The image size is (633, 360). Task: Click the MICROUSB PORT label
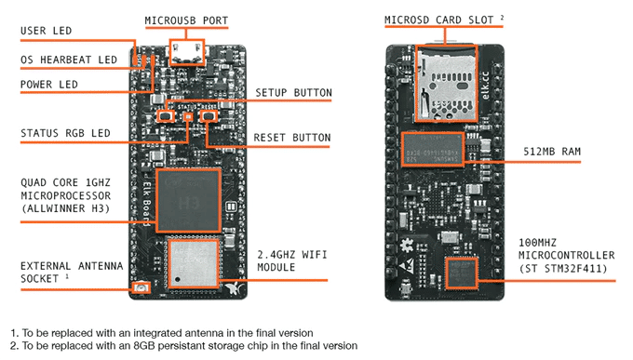[186, 20]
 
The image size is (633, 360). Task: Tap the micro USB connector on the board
[186, 52]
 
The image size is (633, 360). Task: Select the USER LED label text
[46, 31]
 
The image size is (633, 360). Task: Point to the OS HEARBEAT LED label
[69, 60]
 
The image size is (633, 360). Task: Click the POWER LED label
[48, 85]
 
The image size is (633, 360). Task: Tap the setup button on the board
[166, 116]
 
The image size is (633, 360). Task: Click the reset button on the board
[209, 116]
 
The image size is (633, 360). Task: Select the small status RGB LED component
[188, 116]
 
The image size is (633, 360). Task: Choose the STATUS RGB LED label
[65, 133]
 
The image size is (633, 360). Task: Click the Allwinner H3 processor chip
[189, 201]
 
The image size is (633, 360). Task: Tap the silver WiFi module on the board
[194, 263]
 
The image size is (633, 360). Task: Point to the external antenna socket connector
[141, 287]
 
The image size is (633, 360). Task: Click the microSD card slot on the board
[447, 83]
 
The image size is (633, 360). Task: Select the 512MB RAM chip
[433, 149]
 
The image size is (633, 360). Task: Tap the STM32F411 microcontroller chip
[462, 273]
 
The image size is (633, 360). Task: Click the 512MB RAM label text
[552, 152]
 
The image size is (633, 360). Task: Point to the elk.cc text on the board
[486, 86]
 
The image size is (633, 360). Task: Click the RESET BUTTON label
[292, 138]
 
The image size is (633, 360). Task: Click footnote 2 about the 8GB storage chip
[183, 346]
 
